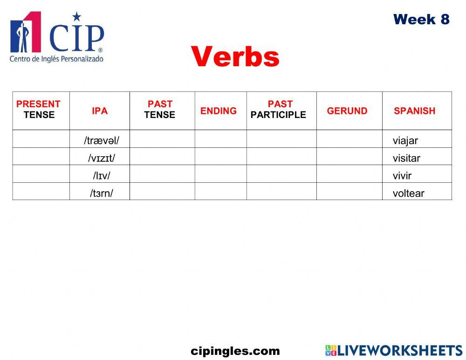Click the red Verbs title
pyautogui.click(x=235, y=57)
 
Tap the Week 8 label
pyautogui.click(x=421, y=19)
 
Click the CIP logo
pyautogui.click(x=57, y=37)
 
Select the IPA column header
pyautogui.click(x=100, y=111)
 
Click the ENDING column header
pyautogui.click(x=219, y=111)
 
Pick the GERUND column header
pyautogui.click(x=347, y=111)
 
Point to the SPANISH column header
pyautogui.click(x=414, y=111)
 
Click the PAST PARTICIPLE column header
pyautogui.click(x=279, y=110)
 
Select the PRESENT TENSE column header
pyautogui.click(x=39, y=110)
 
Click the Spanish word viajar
pyautogui.click(x=405, y=140)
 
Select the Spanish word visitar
pyautogui.click(x=406, y=158)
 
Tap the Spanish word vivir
pyautogui.click(x=402, y=176)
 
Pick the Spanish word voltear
pyautogui.click(x=409, y=193)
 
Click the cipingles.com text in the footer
pyautogui.click(x=235, y=351)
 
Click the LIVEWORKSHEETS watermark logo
pyautogui.click(x=394, y=351)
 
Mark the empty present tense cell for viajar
pyautogui.click(x=41, y=139)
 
